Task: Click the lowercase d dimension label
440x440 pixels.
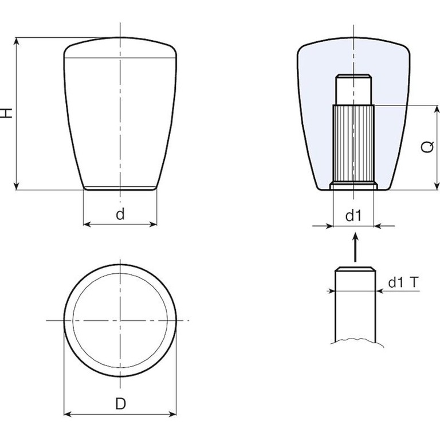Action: click(120, 214)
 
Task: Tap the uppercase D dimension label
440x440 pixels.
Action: click(121, 404)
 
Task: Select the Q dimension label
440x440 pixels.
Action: click(428, 147)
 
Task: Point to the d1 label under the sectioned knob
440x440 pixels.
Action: click(353, 216)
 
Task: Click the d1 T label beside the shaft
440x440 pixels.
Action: click(403, 282)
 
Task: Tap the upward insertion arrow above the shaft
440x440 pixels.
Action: click(356, 247)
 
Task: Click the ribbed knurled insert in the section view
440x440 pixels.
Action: click(353, 144)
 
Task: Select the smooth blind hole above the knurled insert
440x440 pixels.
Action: click(353, 89)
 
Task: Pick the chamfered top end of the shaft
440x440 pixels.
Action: click(355, 269)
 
